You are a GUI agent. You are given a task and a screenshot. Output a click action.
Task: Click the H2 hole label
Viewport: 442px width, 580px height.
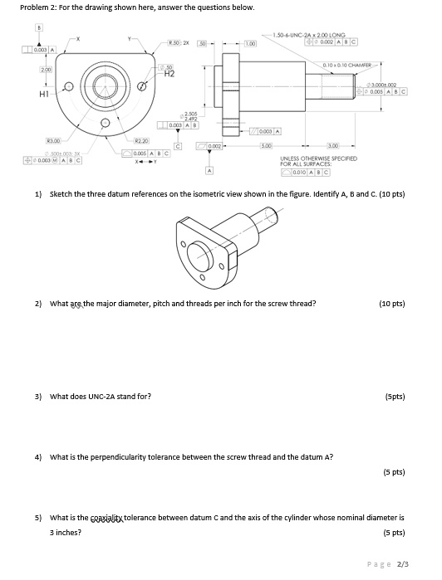(x=169, y=74)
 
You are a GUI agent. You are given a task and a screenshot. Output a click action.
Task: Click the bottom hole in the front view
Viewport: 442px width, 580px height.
(x=105, y=125)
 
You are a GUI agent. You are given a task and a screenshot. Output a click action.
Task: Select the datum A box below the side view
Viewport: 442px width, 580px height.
(x=209, y=171)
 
